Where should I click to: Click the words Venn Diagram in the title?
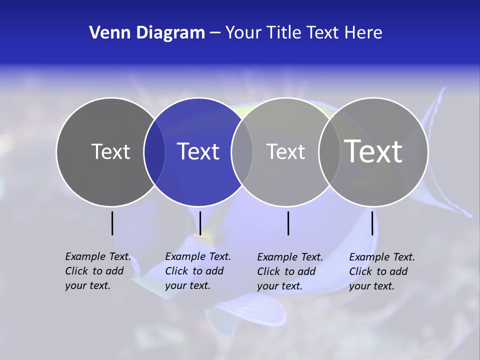tap(147, 33)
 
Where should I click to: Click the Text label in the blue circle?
tap(198, 151)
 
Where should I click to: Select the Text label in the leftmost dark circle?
tap(110, 151)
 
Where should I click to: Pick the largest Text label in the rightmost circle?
tap(373, 151)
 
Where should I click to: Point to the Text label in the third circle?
tap(285, 151)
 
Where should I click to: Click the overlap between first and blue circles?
tap(154, 151)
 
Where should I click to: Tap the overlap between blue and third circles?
tap(242, 151)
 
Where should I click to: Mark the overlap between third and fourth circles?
tap(329, 151)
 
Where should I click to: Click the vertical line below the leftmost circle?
tap(112, 223)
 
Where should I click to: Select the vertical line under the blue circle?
tap(200, 223)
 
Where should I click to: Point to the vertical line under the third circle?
tap(288, 223)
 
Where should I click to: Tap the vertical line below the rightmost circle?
tap(372, 223)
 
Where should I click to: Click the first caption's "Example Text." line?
tap(98, 256)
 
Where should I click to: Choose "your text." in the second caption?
tap(187, 285)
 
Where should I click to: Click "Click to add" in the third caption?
tap(286, 271)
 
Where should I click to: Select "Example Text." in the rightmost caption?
tap(382, 257)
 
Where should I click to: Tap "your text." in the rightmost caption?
tap(371, 286)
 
